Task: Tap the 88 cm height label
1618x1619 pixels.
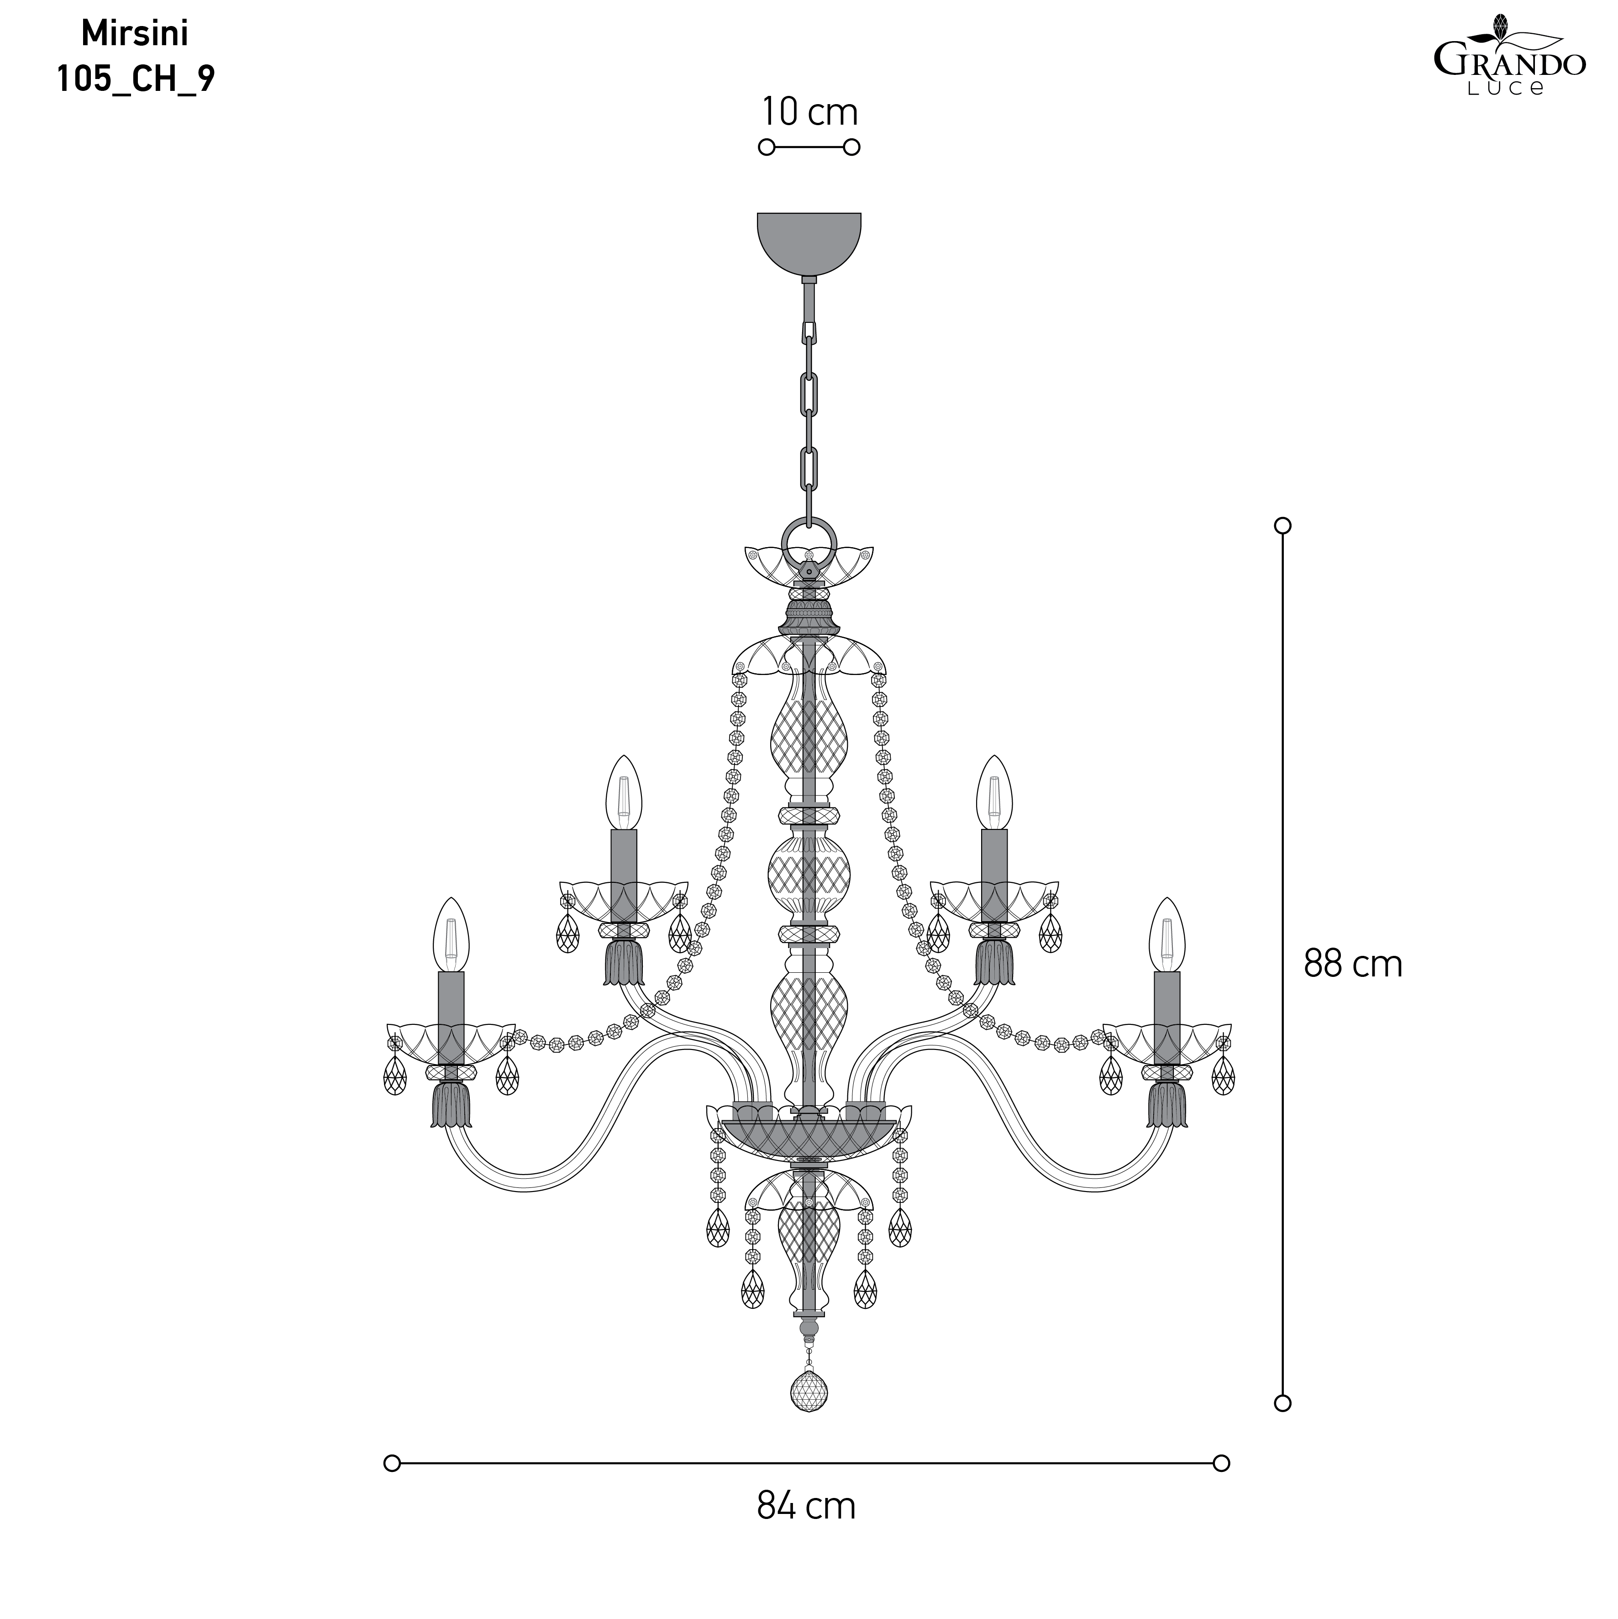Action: (1352, 965)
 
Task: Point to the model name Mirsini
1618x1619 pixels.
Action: (135, 33)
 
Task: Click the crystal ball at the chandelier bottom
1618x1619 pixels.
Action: (809, 1392)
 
